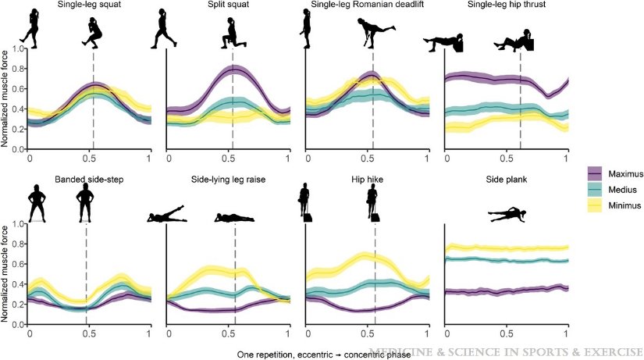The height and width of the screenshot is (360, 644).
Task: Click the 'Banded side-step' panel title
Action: (88, 179)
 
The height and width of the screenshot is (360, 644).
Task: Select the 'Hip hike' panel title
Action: (367, 179)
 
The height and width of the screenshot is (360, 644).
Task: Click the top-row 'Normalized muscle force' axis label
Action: (6, 99)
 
